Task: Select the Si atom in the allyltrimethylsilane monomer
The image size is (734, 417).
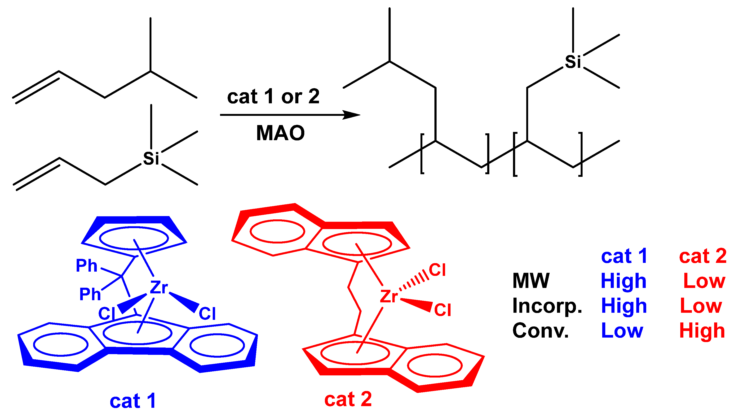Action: coord(151,158)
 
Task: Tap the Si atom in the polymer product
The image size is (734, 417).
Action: coord(573,61)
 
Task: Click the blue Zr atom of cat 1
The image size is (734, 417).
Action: coord(159,287)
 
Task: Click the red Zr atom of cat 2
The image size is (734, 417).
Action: coord(389,296)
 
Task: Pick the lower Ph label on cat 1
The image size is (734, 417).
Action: coord(90,294)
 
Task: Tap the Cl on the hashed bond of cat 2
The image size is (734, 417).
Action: coord(437,270)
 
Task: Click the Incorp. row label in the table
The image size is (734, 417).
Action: coord(547,306)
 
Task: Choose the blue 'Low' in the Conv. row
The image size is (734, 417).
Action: coord(622,330)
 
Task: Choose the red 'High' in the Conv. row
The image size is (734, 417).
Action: coord(702,330)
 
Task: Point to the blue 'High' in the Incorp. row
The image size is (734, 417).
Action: coord(624,306)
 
